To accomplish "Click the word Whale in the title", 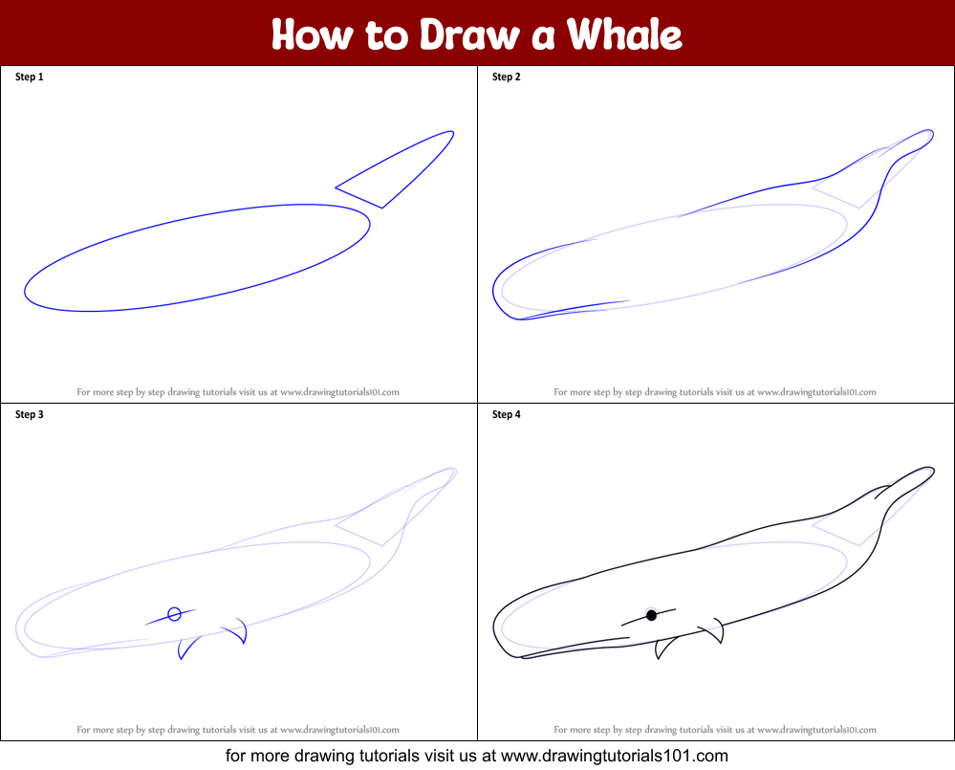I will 624,34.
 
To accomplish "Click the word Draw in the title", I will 466,34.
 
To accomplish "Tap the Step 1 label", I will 30,77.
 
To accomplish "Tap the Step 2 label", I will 507,77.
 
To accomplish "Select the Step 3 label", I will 30,415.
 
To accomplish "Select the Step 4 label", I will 507,415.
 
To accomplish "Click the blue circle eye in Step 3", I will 174,614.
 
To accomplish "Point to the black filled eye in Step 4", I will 651,615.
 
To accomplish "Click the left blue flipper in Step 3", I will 186,647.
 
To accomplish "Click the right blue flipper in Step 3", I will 238,631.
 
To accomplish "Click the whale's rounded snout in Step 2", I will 498,292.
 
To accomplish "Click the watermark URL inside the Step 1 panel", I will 339,391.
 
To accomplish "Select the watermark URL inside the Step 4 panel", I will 816,729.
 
